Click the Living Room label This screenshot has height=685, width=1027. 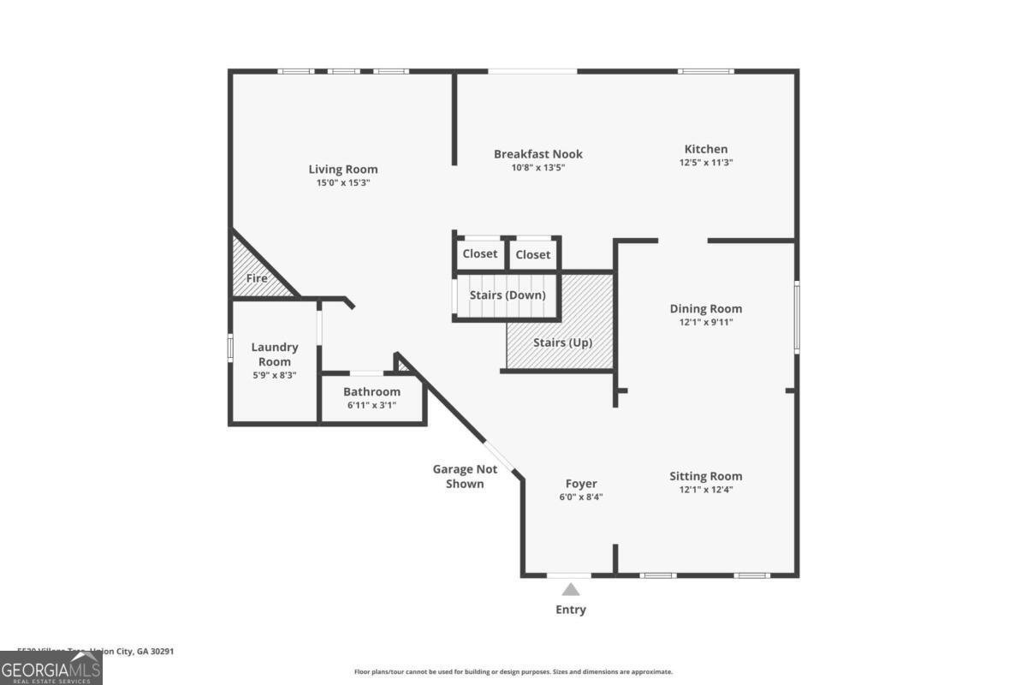(342, 170)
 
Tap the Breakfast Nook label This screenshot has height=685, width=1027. (537, 154)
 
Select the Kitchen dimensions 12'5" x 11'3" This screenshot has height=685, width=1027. (706, 163)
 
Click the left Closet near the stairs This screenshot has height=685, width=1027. (480, 254)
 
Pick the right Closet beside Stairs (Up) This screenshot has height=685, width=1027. (533, 254)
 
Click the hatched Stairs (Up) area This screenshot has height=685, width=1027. (562, 342)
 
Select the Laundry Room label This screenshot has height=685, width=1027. (275, 354)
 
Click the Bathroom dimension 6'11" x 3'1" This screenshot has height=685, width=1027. (371, 406)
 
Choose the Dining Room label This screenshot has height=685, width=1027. (705, 309)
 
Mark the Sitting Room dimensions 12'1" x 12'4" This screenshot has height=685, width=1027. (705, 490)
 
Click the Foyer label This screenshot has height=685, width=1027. (581, 484)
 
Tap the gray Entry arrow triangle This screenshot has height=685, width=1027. (571, 589)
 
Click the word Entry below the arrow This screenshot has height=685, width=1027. (571, 610)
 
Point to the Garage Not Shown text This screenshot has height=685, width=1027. (465, 476)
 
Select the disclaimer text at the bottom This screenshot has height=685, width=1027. (513, 672)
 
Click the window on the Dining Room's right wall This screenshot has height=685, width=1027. (796, 318)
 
